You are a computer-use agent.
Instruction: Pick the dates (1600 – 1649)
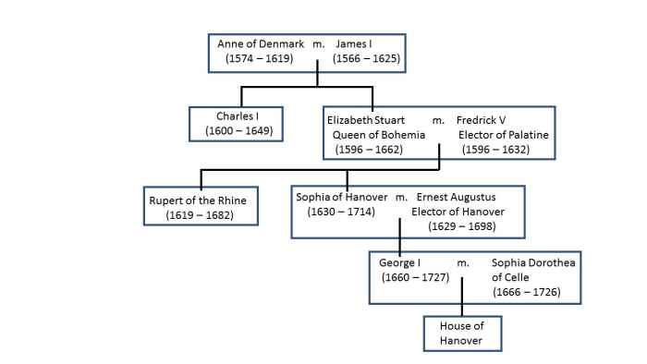(233, 131)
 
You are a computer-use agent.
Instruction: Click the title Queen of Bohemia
(379, 134)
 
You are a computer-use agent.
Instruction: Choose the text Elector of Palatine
(503, 134)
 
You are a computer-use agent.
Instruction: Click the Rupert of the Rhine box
(199, 207)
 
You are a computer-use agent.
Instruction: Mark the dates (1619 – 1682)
(200, 214)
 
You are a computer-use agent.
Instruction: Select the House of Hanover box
(461, 334)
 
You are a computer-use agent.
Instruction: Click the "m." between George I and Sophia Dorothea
(464, 263)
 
